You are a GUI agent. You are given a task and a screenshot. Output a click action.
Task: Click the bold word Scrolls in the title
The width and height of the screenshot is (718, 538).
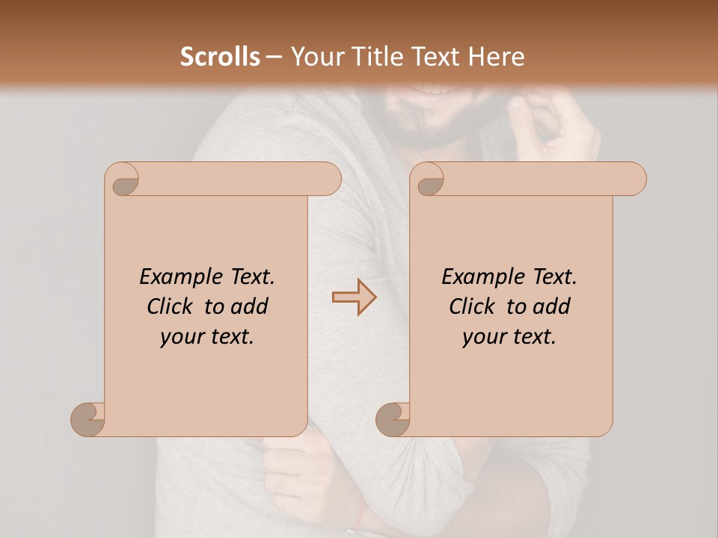coord(221,57)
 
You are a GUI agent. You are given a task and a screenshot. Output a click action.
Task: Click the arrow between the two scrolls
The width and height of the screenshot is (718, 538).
coord(355,297)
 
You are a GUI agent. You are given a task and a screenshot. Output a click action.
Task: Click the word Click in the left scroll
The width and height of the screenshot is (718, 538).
coord(171,306)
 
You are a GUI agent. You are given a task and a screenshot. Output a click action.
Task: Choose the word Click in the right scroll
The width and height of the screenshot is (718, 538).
coord(473,306)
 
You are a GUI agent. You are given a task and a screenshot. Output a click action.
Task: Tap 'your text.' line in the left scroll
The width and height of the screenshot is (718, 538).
coord(207,336)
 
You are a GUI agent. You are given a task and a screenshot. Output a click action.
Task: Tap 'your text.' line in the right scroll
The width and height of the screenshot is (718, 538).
coord(509,336)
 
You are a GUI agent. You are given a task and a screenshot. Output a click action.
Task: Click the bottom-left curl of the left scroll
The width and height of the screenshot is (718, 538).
coord(88,419)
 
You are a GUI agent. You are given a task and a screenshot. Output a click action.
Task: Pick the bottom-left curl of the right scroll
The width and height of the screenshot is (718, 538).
coord(393,419)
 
